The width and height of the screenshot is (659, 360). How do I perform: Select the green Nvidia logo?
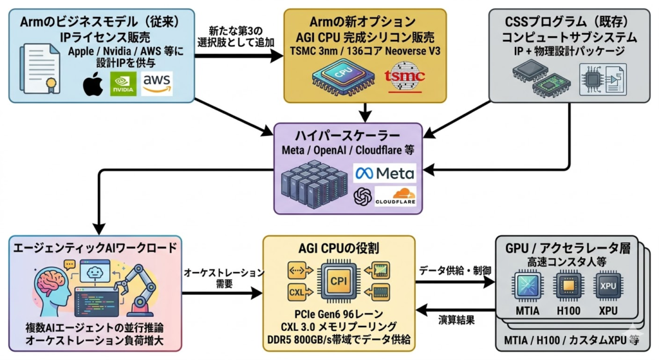click(123, 84)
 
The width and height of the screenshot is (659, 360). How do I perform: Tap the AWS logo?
click(157, 83)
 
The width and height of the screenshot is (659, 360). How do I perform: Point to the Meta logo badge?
click(385, 173)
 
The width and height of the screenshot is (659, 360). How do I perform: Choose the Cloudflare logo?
click(394, 196)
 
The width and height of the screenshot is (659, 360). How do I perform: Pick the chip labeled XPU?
click(607, 287)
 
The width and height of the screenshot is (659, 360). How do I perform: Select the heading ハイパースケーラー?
click(348, 137)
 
